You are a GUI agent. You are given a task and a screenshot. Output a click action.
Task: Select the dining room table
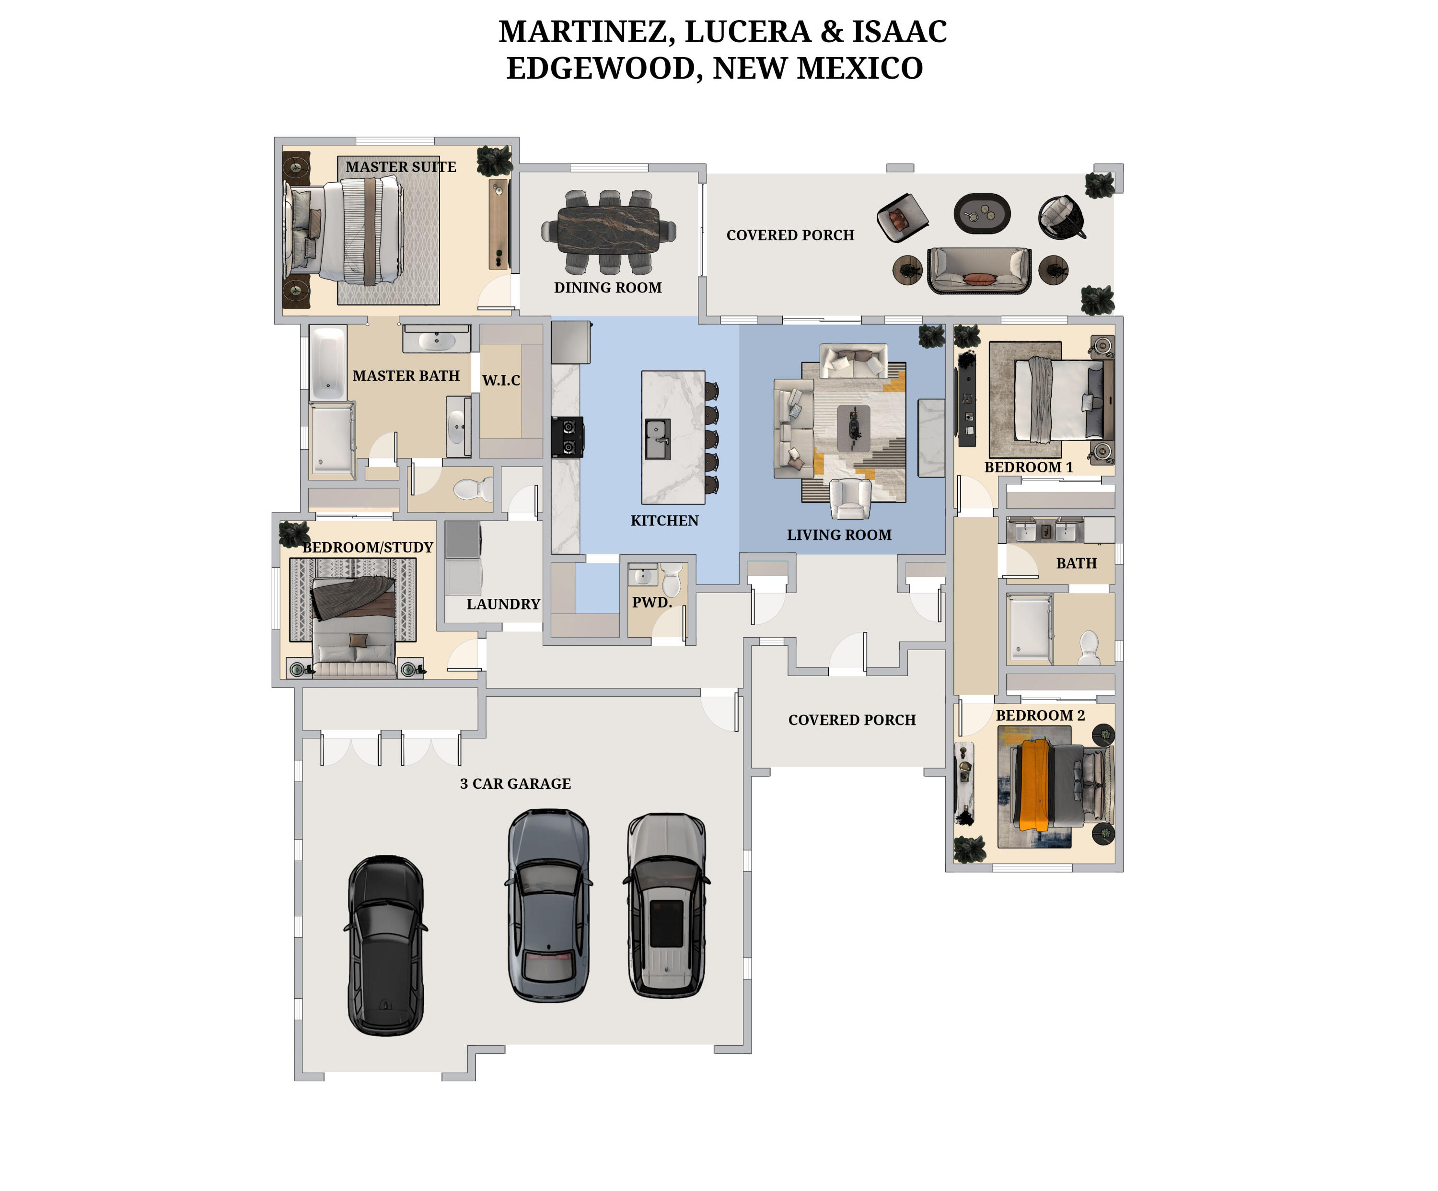point(608,231)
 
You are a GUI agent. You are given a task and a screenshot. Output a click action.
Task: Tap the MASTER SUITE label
point(401,167)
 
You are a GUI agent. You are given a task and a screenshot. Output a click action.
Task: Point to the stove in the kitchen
point(568,437)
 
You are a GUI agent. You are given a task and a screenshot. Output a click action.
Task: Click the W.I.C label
point(501,380)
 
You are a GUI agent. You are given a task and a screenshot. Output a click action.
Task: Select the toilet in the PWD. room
point(672,579)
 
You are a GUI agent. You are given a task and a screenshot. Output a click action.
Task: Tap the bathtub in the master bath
point(328,363)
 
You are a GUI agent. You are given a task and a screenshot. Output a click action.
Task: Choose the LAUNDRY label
point(503,604)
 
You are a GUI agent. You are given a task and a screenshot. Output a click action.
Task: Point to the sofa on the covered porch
point(979,270)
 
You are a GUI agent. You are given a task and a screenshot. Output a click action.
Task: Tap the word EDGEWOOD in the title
point(601,69)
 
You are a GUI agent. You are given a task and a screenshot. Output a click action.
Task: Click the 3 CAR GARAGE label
point(515,783)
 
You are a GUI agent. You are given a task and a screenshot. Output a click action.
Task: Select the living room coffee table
point(854,428)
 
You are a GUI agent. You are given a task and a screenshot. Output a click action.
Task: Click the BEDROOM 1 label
point(1029,467)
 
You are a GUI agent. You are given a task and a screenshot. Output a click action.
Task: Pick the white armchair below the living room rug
point(850,499)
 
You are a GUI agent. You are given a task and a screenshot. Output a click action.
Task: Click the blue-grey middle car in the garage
point(548,905)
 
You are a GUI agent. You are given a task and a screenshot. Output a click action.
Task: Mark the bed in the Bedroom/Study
point(353,627)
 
